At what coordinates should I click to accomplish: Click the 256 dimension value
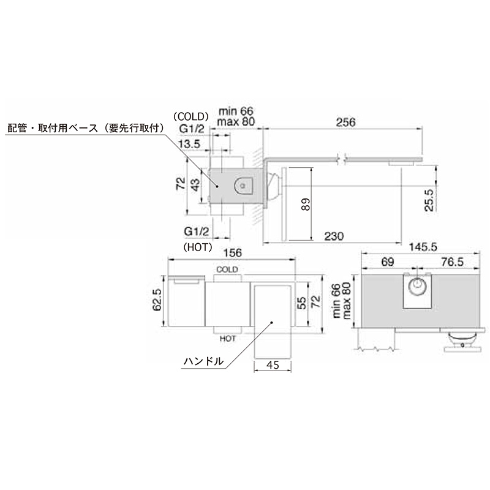(x=345, y=122)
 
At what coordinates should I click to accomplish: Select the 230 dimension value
(x=334, y=236)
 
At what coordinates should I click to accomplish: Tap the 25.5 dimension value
(x=429, y=200)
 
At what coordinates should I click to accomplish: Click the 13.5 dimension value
(x=189, y=144)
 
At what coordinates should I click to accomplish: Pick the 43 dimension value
(x=195, y=185)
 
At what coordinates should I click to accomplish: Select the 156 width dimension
(x=233, y=252)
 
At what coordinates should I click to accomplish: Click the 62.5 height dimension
(x=157, y=300)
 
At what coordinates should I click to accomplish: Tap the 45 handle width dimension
(x=273, y=364)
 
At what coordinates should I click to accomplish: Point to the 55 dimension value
(x=301, y=303)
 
